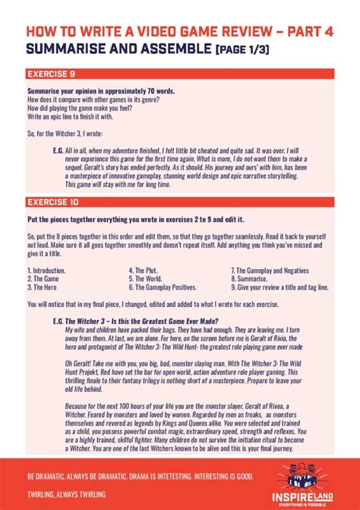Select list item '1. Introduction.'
click(46, 270)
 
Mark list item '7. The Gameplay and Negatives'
click(270, 270)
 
